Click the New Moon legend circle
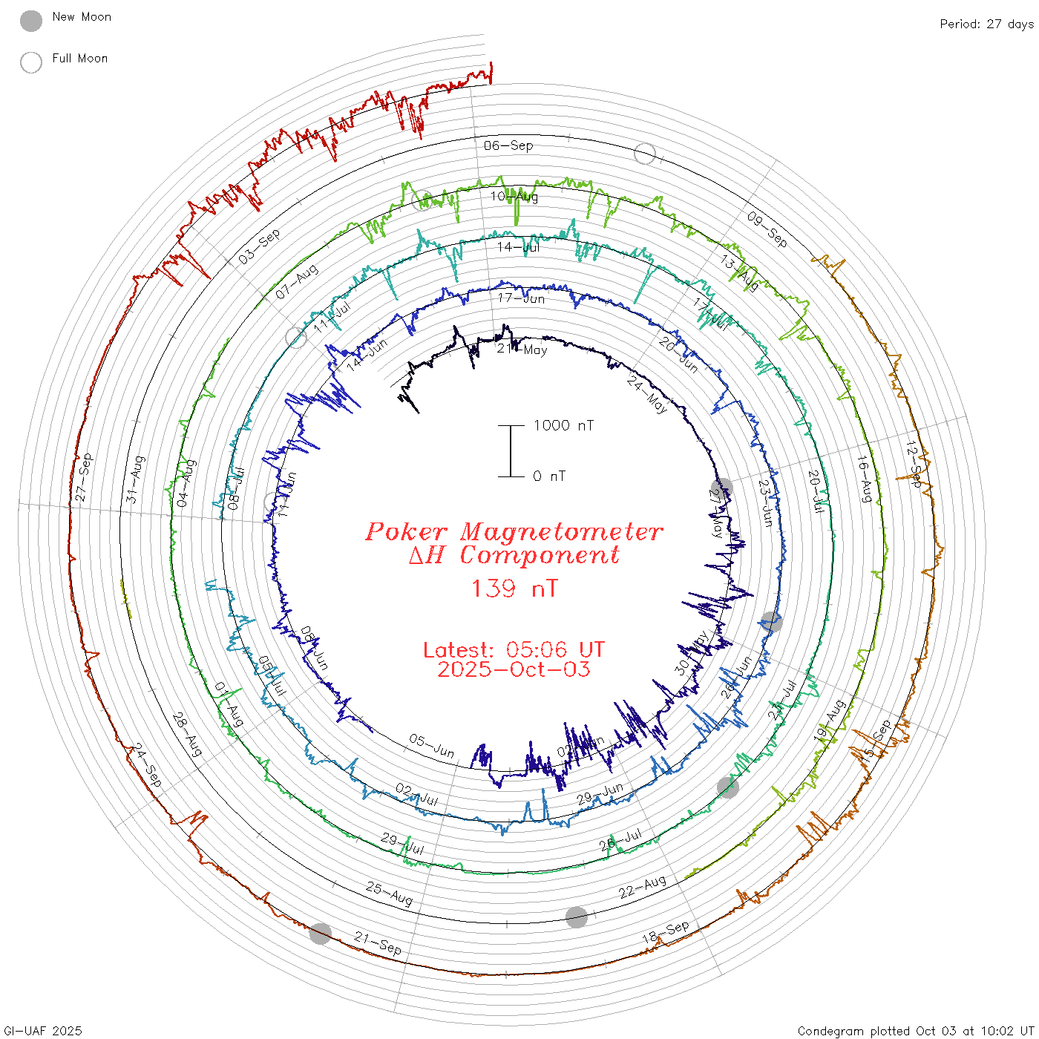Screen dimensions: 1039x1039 (31, 22)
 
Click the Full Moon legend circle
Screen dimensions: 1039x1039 (31, 63)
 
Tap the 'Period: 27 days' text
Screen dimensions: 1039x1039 (986, 24)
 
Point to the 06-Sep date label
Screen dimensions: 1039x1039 (508, 145)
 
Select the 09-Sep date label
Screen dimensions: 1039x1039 (767, 229)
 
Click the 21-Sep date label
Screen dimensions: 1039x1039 (378, 943)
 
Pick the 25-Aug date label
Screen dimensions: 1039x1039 (389, 894)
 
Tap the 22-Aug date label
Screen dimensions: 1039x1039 (643, 888)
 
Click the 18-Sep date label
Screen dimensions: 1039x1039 (666, 933)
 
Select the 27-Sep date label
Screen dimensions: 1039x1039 (84, 476)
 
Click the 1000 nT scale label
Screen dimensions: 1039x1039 (564, 426)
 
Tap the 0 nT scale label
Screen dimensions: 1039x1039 (549, 476)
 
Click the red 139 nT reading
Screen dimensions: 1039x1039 (514, 589)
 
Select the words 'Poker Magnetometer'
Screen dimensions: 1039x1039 (514, 532)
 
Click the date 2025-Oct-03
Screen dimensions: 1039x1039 (514, 670)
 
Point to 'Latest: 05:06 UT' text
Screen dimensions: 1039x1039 (514, 650)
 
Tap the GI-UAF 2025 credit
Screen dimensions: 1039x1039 (42, 1031)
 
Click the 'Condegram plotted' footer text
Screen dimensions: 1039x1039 (853, 1031)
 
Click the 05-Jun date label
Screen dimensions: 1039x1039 (432, 746)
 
